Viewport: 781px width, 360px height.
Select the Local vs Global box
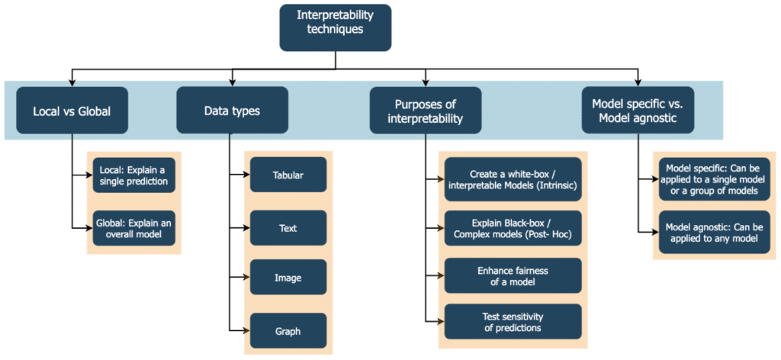[x=72, y=111]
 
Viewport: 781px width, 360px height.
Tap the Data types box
[x=232, y=111]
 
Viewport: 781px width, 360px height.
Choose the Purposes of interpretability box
[x=426, y=111]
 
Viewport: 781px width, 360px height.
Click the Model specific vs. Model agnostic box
[x=638, y=111]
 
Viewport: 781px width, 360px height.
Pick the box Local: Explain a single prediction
[x=134, y=175]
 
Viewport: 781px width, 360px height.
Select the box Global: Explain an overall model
[x=134, y=228]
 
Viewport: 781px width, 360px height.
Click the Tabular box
[x=288, y=175]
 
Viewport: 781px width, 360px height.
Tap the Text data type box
[x=288, y=227]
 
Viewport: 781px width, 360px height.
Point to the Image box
[x=288, y=278]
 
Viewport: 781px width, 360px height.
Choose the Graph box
[x=288, y=331]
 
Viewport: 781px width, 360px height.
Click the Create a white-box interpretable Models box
[x=513, y=179]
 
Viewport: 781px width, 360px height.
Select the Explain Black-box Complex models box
[x=513, y=228]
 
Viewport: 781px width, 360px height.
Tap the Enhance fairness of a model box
[x=513, y=276]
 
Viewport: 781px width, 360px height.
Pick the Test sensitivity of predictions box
[x=513, y=323]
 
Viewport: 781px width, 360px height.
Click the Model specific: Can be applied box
[x=715, y=179]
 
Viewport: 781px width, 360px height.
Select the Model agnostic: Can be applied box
[x=715, y=232]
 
